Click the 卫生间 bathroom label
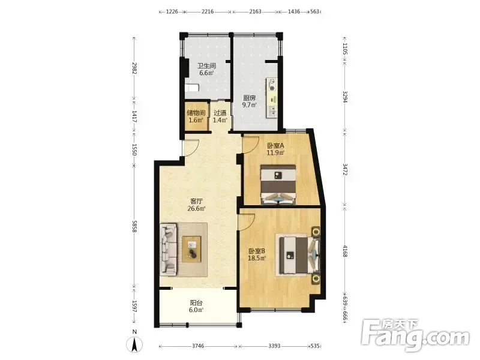pos(206,65)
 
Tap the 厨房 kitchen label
pos(250,98)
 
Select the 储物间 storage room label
pos(196,113)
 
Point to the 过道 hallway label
pos(220,113)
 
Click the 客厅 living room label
pos(197,201)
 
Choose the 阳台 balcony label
pos(196,303)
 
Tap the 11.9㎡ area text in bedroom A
pos(275,152)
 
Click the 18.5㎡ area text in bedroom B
pos(257,258)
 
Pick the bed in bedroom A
pos(278,185)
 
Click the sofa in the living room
pos(169,248)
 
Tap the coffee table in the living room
pos(191,249)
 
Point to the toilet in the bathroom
pos(192,88)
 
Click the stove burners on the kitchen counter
pos(272,85)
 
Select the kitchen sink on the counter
pos(272,112)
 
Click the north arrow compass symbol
pos(134,344)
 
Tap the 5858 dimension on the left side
pos(134,226)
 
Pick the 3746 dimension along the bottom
pos(198,346)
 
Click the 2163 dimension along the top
pos(256,11)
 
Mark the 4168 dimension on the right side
pos(345,251)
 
